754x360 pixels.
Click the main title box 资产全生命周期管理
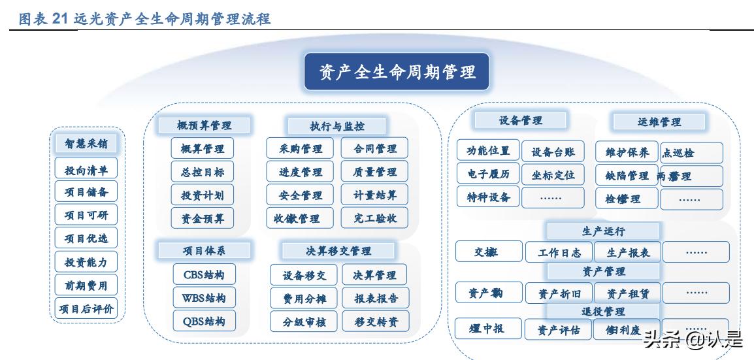[397, 72]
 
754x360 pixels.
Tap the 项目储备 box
[86, 192]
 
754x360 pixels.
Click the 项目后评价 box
[86, 308]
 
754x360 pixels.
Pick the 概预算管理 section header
[204, 125]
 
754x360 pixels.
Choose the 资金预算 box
[203, 218]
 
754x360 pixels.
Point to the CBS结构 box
[203, 274]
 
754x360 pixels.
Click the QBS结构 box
[203, 321]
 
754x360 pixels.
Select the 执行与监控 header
[336, 126]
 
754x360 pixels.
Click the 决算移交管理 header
[338, 251]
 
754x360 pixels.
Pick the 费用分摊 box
[304, 298]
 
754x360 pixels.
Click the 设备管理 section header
[521, 120]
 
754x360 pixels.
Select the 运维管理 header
[659, 122]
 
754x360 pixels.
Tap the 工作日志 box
[559, 252]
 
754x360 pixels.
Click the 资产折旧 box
[559, 293]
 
